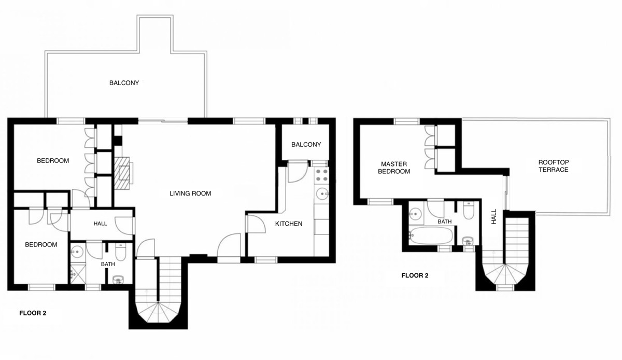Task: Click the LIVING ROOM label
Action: pos(190,193)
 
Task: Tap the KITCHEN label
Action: pos(288,224)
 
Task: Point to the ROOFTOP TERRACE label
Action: pos(554,166)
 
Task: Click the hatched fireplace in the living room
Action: pos(123,171)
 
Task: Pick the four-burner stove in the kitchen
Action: pos(321,174)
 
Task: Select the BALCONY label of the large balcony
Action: pos(124,83)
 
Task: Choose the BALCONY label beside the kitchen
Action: pos(306,145)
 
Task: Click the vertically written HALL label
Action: pos(493,216)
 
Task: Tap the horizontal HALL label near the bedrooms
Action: pos(100,224)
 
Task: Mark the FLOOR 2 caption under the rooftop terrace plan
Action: pos(415,275)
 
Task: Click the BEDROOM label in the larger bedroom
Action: pos(53,161)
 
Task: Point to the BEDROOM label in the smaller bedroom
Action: pos(41,244)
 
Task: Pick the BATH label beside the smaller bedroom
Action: pos(108,264)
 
